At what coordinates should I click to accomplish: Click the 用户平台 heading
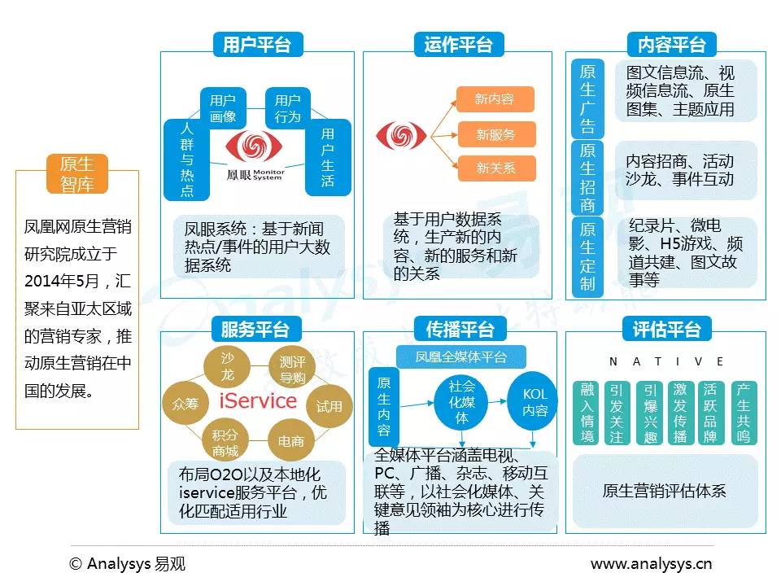click(x=256, y=44)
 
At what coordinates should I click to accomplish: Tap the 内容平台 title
click(x=666, y=44)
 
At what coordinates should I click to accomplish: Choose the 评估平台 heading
click(x=666, y=329)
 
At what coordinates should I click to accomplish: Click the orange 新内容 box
click(x=495, y=99)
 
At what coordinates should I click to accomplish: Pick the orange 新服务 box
click(x=495, y=134)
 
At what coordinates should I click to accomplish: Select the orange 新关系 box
click(x=495, y=168)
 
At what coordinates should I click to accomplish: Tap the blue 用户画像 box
click(x=222, y=108)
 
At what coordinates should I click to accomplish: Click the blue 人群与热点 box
click(x=186, y=160)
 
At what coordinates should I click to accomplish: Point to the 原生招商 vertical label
click(x=587, y=177)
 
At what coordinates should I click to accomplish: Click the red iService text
click(x=258, y=400)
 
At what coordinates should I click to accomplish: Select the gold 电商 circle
click(x=290, y=441)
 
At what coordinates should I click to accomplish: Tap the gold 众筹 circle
click(x=185, y=403)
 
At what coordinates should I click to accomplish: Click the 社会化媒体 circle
click(x=462, y=402)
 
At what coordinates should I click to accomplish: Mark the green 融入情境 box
click(x=587, y=413)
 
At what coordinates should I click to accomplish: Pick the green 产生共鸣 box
click(x=742, y=413)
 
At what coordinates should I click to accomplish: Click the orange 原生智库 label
click(x=76, y=174)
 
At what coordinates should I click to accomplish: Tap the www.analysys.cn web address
click(x=651, y=564)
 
